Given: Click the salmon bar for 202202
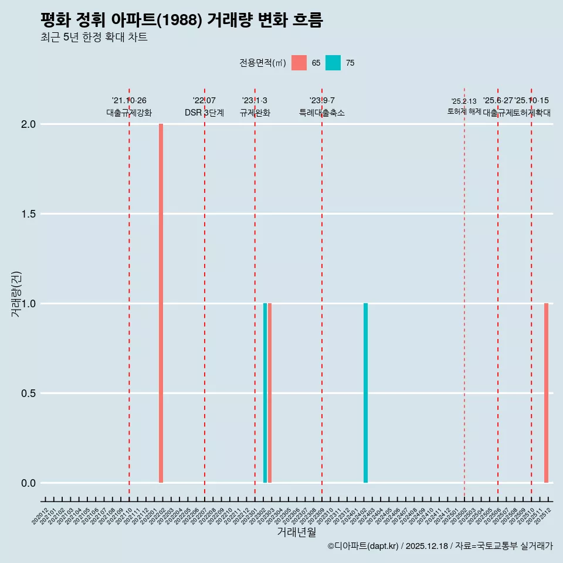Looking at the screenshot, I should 161,303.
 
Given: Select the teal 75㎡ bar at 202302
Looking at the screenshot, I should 265,393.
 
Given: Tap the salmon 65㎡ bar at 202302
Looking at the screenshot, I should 270,393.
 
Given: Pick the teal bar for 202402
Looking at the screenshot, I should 365,393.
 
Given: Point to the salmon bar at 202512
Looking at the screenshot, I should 546,393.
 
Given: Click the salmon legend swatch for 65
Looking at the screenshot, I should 299,63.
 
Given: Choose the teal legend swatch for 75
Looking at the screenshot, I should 333,63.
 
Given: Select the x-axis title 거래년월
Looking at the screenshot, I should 296,532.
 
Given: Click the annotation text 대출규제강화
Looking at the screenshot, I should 129,113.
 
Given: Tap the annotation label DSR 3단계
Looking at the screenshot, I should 204,113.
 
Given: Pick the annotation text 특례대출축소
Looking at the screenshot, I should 322,113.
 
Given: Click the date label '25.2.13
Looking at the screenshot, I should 464,101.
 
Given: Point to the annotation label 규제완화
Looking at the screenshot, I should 255,113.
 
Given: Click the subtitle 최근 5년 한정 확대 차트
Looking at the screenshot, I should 94,38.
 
